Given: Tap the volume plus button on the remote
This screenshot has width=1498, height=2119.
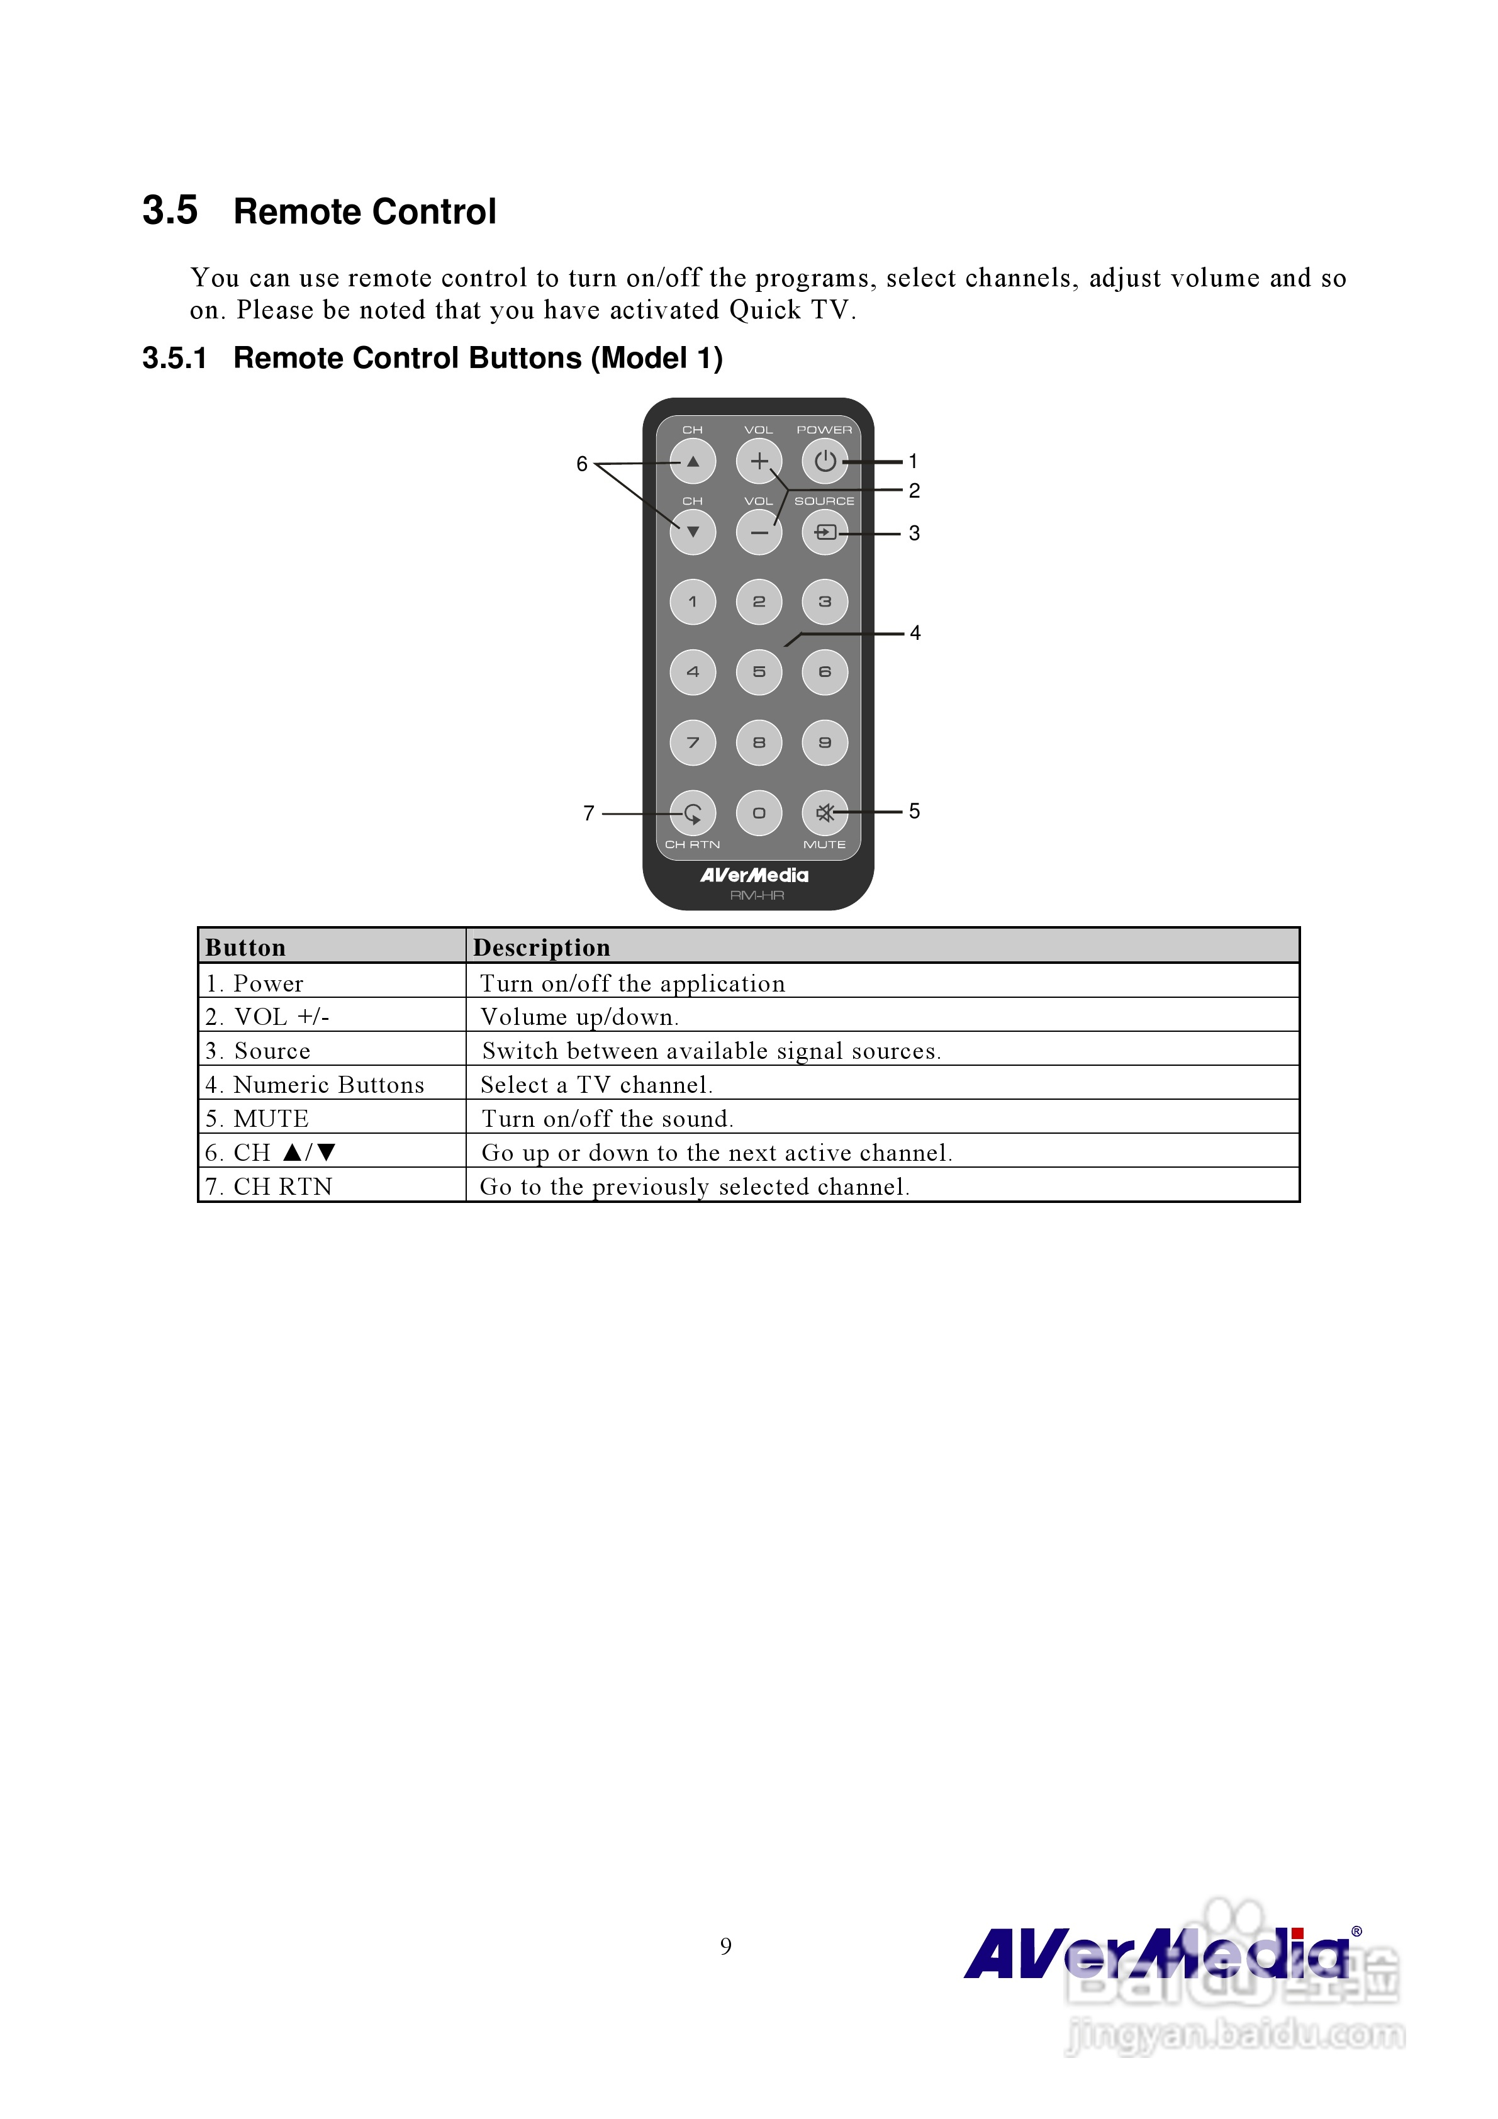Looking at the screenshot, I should (759, 461).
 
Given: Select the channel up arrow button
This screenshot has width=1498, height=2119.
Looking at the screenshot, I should (692, 461).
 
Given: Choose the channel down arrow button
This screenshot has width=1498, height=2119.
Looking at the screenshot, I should (692, 532).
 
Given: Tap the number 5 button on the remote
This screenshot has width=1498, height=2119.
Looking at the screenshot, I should (759, 672).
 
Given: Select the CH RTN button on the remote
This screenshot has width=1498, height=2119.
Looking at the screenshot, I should (692, 813).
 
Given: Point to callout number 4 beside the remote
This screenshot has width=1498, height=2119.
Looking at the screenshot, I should (915, 633).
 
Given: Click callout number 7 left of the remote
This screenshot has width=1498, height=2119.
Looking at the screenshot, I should (589, 813).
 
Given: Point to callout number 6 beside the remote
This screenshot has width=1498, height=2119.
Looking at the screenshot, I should (581, 463).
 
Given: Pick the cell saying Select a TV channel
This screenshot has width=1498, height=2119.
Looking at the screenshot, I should (596, 1085).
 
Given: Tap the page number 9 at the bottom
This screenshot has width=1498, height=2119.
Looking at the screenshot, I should (725, 1945).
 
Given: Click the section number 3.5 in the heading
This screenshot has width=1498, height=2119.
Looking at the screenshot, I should (170, 210).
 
